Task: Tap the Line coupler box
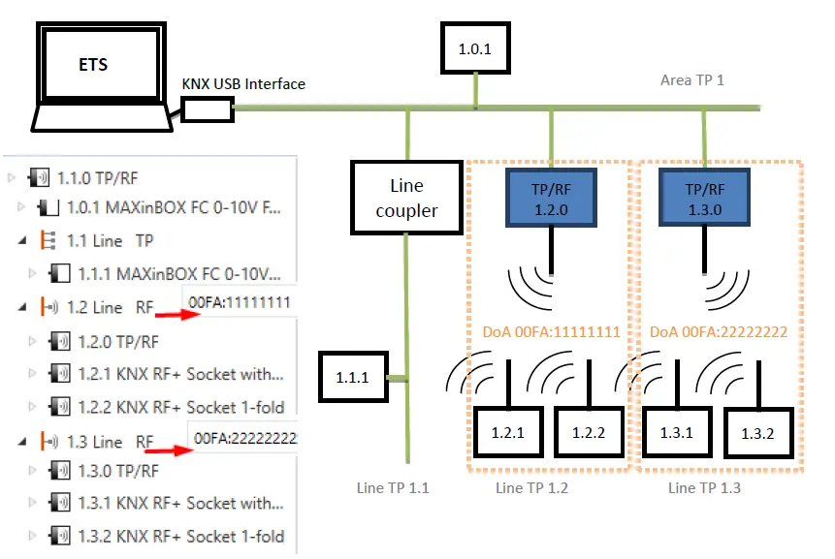click(406, 197)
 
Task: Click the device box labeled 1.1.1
click(352, 379)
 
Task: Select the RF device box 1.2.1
click(507, 433)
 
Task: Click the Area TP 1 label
click(691, 80)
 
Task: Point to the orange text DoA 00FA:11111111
click(551, 330)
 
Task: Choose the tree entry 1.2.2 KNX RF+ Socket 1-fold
click(181, 407)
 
